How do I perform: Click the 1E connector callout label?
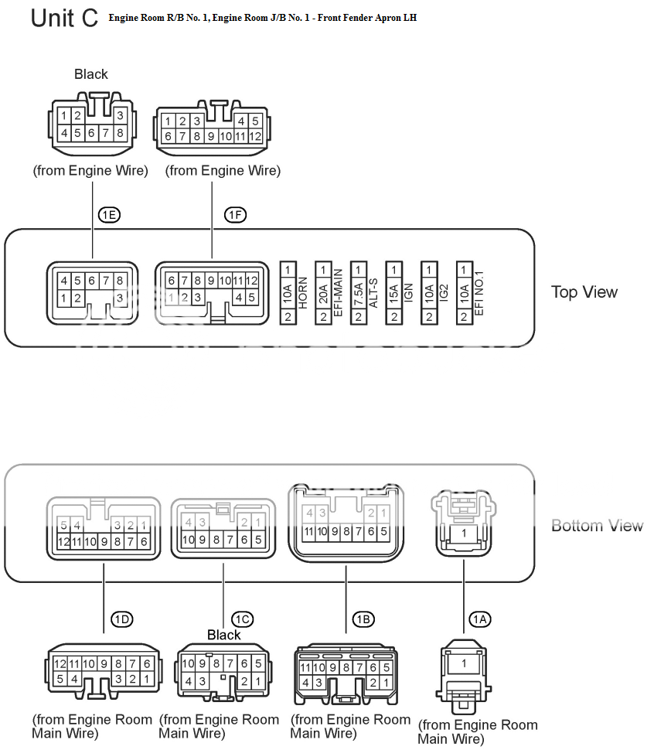[x=109, y=216]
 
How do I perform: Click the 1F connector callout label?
[x=235, y=216]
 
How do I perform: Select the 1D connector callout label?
[x=122, y=619]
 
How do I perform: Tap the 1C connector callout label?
[x=242, y=619]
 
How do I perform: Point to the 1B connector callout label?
[x=363, y=619]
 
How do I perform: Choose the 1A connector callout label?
[x=480, y=619]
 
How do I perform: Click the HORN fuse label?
[x=301, y=293]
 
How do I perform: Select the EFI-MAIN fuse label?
[x=337, y=293]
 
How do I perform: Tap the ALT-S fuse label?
[x=373, y=293]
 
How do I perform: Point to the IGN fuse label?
[x=407, y=293]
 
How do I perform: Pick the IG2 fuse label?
[x=443, y=293]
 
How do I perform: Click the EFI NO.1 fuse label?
[x=479, y=293]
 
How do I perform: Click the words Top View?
[x=584, y=292]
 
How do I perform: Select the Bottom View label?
[x=597, y=526]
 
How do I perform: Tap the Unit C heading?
[x=64, y=19]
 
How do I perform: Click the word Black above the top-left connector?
[x=91, y=74]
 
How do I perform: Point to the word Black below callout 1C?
[x=224, y=635]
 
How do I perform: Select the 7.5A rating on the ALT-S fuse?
[x=359, y=293]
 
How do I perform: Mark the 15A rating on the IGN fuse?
[x=393, y=293]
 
